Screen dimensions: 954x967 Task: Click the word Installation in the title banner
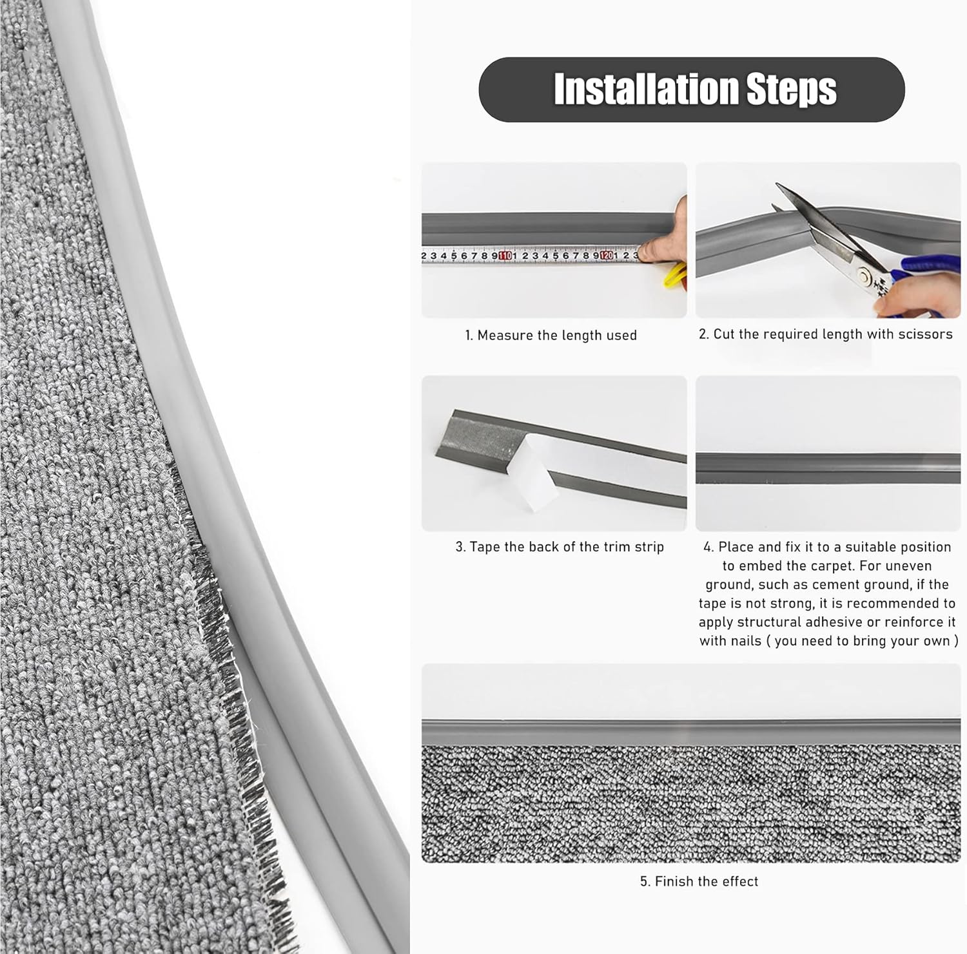click(645, 89)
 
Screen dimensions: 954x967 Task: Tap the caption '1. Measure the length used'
click(551, 335)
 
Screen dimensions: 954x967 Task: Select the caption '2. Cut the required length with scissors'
click(825, 334)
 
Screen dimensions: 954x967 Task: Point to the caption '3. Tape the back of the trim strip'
click(559, 547)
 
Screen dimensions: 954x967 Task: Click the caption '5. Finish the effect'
click(699, 881)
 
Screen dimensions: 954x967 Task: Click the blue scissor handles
click(928, 283)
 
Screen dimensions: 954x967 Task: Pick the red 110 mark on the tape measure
click(505, 256)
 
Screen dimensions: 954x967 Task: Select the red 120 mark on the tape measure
click(606, 256)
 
